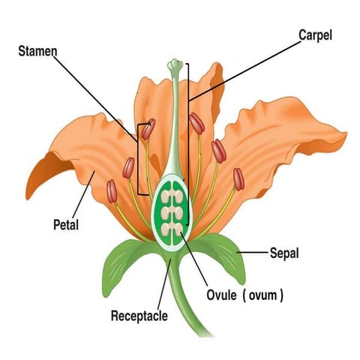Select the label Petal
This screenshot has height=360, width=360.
tap(66, 224)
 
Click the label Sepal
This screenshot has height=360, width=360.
tap(284, 253)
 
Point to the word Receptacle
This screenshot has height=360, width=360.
tap(139, 315)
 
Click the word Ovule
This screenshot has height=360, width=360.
tap(223, 295)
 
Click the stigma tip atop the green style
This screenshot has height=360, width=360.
tap(175, 65)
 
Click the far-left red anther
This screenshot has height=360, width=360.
tap(112, 190)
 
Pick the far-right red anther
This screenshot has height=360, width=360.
tap(238, 178)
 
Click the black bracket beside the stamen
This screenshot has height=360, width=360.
tap(138, 157)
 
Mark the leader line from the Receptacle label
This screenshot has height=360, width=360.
tap(164, 285)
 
